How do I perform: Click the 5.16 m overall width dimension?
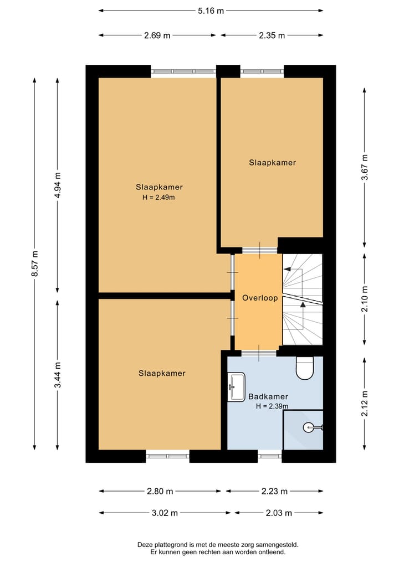coord(211,11)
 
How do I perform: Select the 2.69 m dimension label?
coord(157,35)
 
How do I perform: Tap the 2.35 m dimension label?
coord(272,35)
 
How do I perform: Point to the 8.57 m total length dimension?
coord(35,264)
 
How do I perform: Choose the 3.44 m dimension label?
coord(58,375)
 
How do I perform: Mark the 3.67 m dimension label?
coord(365,167)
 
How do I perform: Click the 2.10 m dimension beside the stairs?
coord(365,299)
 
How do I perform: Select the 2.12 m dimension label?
coord(365,404)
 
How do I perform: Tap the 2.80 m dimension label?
coord(160,491)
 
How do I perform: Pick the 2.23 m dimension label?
coord(274,491)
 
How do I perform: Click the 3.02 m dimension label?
coord(165,513)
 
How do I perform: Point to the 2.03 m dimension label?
coord(279,513)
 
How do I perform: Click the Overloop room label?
coord(260,298)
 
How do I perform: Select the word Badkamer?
coord(268,397)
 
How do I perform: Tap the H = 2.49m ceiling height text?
coord(158,197)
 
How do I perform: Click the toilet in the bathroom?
coord(305,368)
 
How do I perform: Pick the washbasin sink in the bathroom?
coord(236,387)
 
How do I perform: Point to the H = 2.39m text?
coord(272,406)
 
